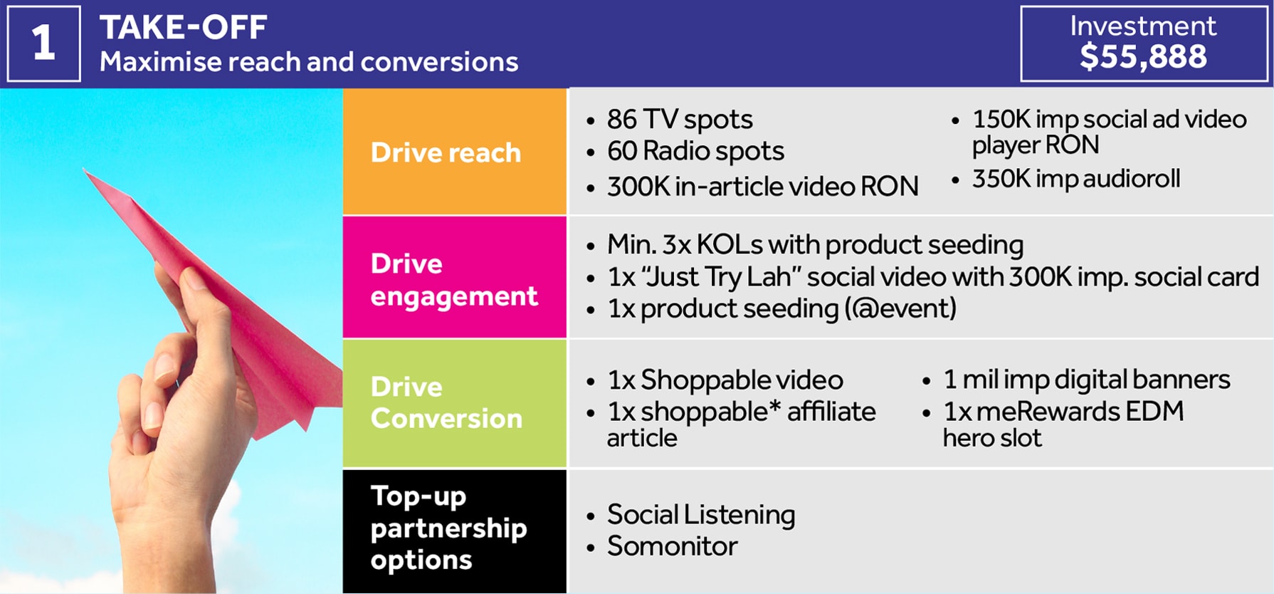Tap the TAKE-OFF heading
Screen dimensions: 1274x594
click(x=183, y=28)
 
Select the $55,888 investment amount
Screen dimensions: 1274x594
click(x=1143, y=56)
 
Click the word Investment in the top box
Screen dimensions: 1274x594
click(x=1143, y=26)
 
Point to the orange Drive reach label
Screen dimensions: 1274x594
click(x=446, y=152)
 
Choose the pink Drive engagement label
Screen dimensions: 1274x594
click(x=454, y=280)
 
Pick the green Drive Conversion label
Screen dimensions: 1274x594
click(x=446, y=402)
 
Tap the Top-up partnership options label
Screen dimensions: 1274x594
click(x=448, y=528)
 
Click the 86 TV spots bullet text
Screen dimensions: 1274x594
click(x=680, y=120)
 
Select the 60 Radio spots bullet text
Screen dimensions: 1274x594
click(x=695, y=151)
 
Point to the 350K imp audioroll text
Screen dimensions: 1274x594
click(x=1076, y=178)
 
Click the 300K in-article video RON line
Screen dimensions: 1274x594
click(x=762, y=186)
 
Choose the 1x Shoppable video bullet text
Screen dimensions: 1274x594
click(x=725, y=380)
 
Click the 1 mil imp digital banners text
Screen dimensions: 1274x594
click(x=1087, y=379)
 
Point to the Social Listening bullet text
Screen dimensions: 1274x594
click(x=701, y=514)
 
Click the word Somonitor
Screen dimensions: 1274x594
click(x=672, y=546)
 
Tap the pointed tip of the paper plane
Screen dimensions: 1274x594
click(x=83, y=169)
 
